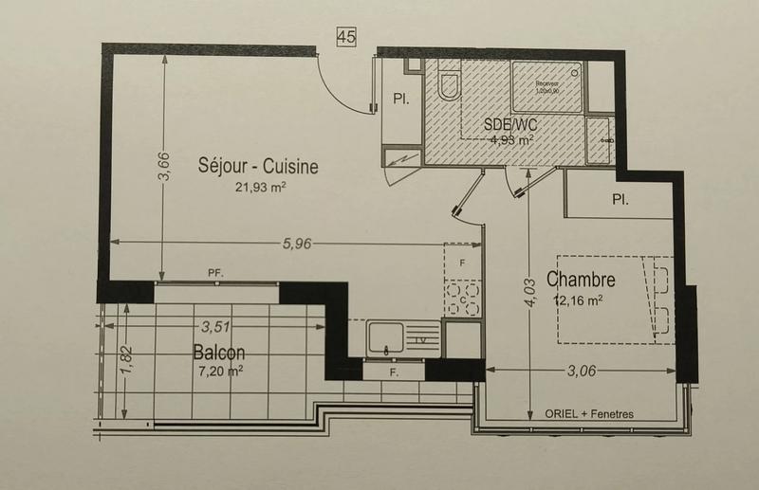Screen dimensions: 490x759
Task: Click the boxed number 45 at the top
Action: (345, 37)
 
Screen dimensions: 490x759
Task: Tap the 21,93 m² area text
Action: (261, 188)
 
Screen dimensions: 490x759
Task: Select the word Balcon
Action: (218, 352)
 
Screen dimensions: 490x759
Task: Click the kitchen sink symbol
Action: (386, 337)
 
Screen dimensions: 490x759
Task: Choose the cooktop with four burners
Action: (462, 299)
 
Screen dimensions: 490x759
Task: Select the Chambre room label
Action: (582, 280)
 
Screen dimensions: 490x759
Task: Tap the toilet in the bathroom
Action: (449, 84)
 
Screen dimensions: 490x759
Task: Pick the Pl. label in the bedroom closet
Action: (621, 200)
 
